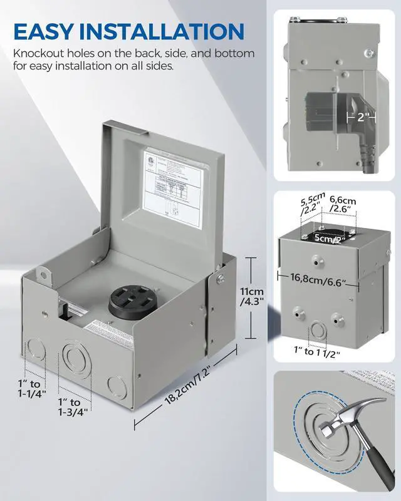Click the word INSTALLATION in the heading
click(165, 31)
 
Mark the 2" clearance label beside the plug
click(364, 117)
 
